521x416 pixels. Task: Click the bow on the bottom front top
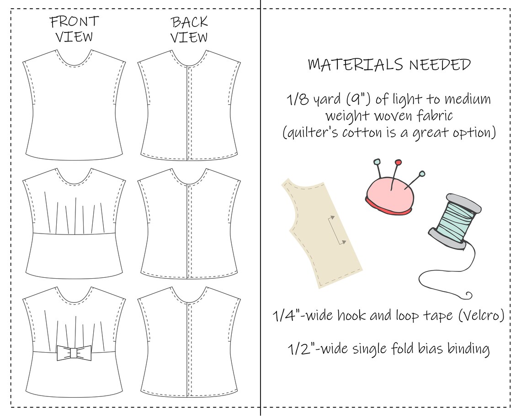[74, 353]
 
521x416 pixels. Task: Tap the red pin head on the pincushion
[398, 162]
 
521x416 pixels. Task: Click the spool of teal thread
[455, 219]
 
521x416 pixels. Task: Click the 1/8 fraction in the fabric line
[294, 99]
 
